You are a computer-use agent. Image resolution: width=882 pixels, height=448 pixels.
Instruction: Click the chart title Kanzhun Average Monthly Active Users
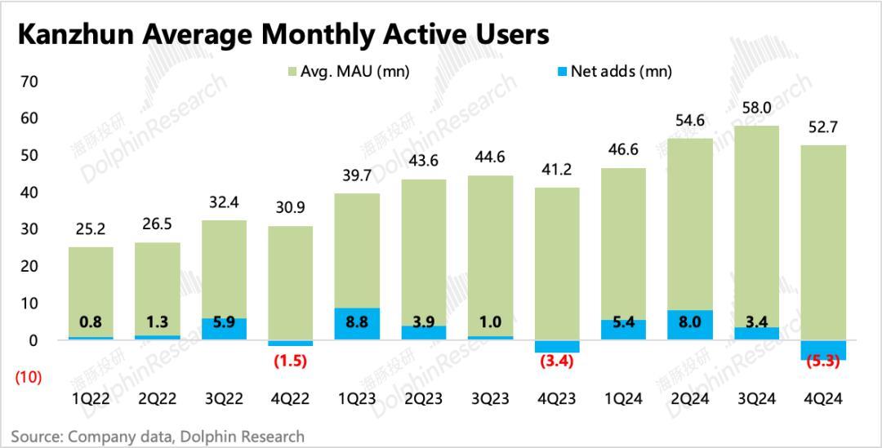coord(283,35)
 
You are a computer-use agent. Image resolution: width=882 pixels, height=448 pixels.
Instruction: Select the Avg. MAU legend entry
coord(348,72)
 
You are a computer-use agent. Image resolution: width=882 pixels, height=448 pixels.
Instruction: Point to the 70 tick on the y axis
coord(30,82)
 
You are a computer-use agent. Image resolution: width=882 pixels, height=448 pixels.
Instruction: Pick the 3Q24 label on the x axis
coord(756,399)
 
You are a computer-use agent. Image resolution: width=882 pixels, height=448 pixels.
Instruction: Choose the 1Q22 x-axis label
coord(90,399)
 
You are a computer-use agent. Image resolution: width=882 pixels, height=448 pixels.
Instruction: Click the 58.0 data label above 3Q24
coord(756,109)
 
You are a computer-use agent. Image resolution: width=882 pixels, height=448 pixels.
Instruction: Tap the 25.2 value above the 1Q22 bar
coord(90,230)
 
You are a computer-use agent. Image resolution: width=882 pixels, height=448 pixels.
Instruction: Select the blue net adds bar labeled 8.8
coord(357,324)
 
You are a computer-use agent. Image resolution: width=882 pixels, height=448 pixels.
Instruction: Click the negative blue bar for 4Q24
coord(823,350)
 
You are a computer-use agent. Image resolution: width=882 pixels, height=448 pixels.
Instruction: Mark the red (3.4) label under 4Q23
coord(557,361)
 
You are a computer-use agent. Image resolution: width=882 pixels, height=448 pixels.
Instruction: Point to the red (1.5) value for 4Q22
coord(290,361)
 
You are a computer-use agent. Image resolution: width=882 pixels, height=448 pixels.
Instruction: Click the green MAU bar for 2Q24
coord(690,224)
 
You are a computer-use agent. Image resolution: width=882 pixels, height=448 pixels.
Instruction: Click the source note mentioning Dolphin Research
coord(158,437)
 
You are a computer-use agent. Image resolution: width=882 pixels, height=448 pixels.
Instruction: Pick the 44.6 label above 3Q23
coord(490,158)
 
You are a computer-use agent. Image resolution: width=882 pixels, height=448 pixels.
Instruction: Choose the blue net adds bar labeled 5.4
coord(623,330)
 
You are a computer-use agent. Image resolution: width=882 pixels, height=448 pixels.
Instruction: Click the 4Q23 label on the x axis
coord(557,399)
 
